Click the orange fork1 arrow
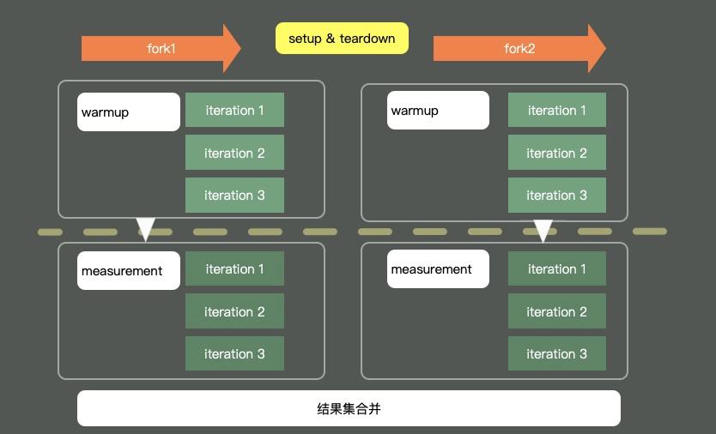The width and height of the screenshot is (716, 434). click(x=161, y=49)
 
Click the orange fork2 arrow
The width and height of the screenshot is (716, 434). click(x=519, y=49)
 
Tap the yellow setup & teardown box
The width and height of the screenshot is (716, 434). click(x=342, y=39)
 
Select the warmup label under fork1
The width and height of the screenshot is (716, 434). click(x=129, y=112)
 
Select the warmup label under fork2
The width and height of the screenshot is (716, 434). click(x=438, y=111)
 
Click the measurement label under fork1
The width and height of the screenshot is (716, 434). click(x=129, y=271)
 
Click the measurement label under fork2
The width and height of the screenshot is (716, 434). click(x=438, y=269)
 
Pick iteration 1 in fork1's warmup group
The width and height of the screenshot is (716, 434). click(x=234, y=111)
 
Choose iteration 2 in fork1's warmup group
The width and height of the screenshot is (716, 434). click(x=234, y=154)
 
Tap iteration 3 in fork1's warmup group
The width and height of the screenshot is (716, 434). click(x=234, y=196)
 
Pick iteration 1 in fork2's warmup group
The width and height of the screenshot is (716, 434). click(x=557, y=111)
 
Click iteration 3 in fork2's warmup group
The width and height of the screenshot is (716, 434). click(x=557, y=196)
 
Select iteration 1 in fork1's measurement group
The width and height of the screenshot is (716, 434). click(x=234, y=269)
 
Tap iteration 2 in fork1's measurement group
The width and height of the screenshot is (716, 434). click(x=234, y=312)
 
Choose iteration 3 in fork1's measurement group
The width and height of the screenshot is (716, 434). click(x=234, y=354)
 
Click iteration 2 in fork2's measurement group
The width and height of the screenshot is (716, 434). click(x=557, y=312)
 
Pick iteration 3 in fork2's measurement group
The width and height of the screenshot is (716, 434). click(x=557, y=354)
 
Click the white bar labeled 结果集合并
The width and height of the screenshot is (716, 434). click(x=349, y=408)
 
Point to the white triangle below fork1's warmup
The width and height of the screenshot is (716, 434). click(x=146, y=228)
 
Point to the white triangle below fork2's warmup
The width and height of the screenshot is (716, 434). click(x=543, y=230)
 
